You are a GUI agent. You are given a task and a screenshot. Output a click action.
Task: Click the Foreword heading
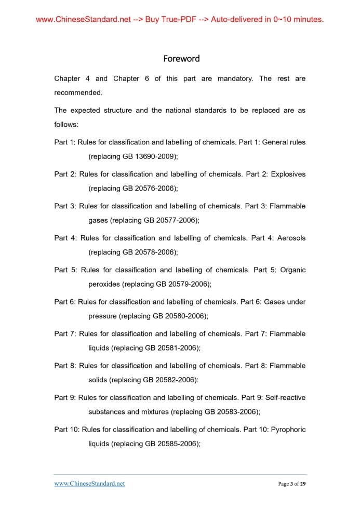[181, 59]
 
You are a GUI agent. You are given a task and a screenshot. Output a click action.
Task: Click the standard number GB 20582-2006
[170, 380]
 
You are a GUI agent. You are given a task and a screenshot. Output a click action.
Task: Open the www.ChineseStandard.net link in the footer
[89, 484]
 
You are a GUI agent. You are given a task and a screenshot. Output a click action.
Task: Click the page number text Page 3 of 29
[292, 484]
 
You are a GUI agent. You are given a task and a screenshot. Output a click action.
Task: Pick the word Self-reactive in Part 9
[285, 397]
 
